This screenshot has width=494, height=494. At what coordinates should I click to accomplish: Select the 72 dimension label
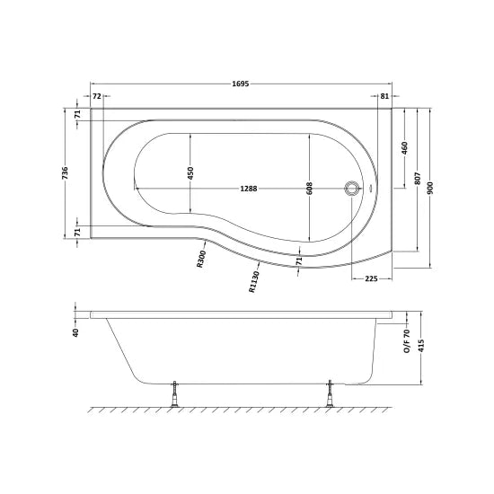point(96,95)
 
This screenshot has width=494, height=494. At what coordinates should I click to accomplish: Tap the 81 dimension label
point(384,95)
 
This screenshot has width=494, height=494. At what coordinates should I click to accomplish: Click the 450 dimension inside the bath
point(190,173)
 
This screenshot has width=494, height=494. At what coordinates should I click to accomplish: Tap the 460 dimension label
point(404,146)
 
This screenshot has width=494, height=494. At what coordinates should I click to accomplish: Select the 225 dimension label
point(371,278)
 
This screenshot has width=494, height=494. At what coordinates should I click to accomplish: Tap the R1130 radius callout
point(256,281)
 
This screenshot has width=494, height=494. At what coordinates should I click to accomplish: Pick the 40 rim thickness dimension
point(76,331)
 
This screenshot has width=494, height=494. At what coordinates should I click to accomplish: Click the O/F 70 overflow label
point(406,336)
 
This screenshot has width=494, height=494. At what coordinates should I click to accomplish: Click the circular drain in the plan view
point(353,189)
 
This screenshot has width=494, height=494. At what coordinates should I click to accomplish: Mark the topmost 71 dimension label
point(78,114)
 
